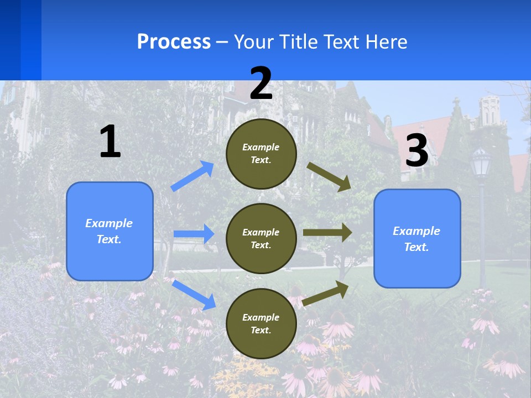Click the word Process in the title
(x=174, y=42)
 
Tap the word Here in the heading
(x=385, y=42)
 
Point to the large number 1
(x=110, y=142)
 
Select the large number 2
(x=261, y=83)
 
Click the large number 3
(x=417, y=151)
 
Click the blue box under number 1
(x=110, y=231)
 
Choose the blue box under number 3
(x=417, y=239)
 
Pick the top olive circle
(x=261, y=154)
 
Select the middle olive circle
(x=261, y=238)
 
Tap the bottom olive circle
(x=261, y=323)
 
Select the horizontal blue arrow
(x=194, y=234)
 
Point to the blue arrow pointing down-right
(x=194, y=295)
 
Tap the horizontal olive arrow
(x=327, y=233)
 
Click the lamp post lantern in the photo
(x=481, y=163)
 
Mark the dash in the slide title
(x=222, y=42)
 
